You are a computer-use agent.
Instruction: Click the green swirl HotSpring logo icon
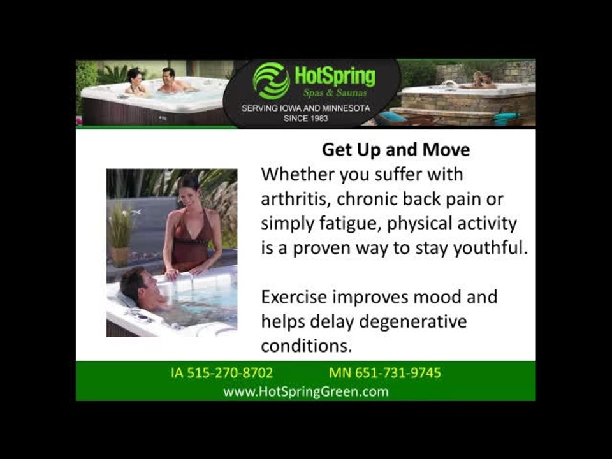point(272,80)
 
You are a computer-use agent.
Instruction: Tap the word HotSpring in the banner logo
point(335,76)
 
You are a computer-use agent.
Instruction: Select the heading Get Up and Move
point(396,150)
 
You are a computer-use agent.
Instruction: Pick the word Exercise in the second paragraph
point(294,297)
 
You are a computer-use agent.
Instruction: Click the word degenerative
point(412,322)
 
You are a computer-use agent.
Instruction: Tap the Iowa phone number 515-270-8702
point(230,373)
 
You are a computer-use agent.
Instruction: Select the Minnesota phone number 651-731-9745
point(398,373)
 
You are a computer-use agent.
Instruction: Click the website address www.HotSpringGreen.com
point(306,391)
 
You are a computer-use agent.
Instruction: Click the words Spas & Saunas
point(335,93)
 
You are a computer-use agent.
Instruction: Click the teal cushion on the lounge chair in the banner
point(391,117)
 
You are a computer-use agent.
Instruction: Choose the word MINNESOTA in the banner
point(346,108)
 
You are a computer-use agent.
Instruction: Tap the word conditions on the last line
point(307,346)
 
